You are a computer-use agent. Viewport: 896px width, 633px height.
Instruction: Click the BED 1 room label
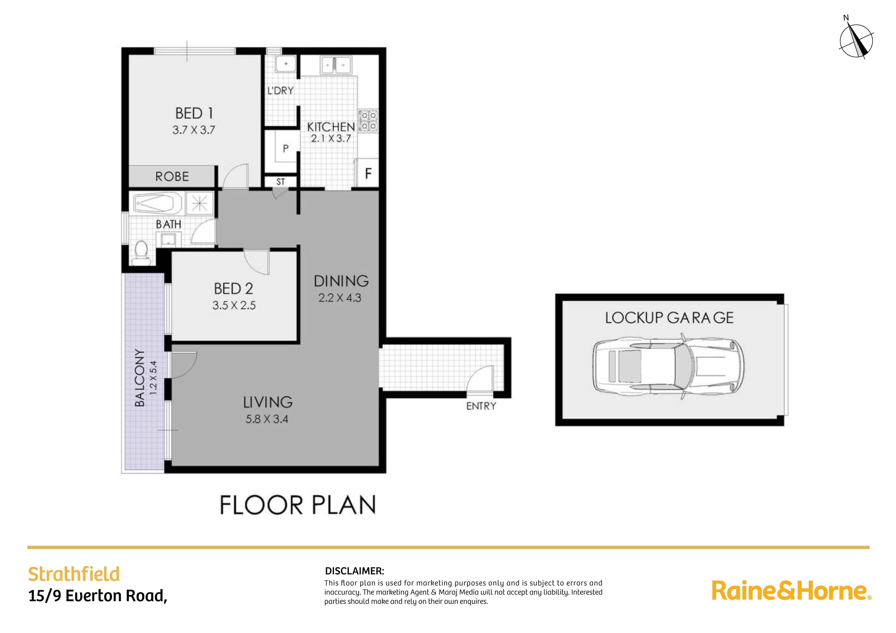194,114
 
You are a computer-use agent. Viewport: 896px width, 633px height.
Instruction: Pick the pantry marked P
286,149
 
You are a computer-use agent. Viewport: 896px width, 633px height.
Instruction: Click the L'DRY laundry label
280,91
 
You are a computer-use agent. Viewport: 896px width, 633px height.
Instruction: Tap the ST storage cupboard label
281,182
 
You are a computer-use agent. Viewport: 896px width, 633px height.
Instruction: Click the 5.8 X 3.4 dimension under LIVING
267,419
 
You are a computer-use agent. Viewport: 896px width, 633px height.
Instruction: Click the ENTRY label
481,406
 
